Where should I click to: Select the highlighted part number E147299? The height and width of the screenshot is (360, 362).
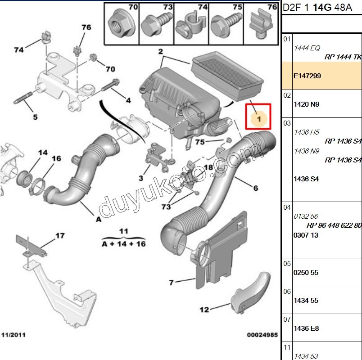click(307, 76)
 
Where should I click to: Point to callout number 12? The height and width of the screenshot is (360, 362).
click(204, 310)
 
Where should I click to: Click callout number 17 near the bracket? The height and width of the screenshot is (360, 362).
click(60, 235)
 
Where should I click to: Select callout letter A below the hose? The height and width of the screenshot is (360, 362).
click(98, 220)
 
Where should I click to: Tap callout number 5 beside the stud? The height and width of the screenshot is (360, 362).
click(35, 117)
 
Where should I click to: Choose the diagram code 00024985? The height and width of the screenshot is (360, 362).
click(262, 335)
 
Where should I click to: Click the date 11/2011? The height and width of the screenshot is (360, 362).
click(14, 335)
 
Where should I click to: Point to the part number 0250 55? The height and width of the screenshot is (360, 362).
click(306, 272)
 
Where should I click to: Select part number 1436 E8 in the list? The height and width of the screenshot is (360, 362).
click(306, 328)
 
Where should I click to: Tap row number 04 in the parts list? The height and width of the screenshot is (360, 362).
click(287, 207)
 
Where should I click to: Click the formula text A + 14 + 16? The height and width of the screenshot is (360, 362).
click(123, 243)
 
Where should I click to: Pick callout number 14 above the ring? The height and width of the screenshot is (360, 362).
click(42, 153)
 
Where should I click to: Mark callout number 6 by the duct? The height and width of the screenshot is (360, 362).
click(255, 188)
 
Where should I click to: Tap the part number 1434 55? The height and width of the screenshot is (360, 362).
click(306, 301)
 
